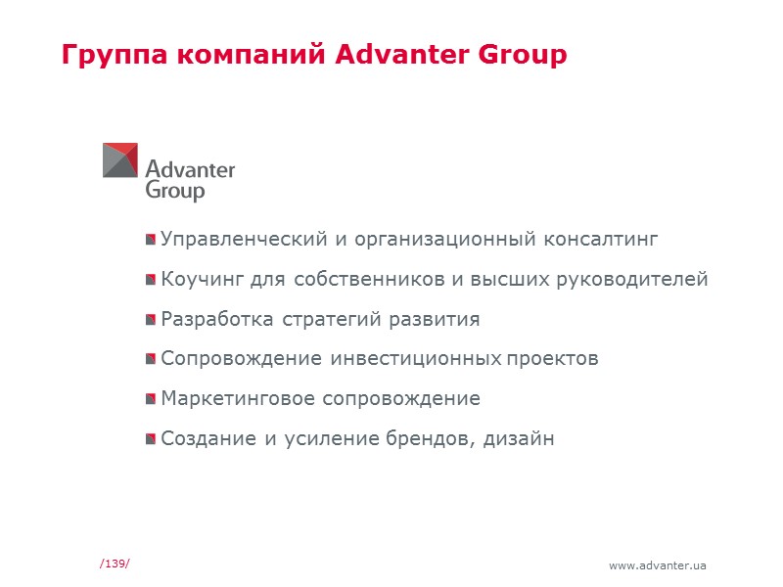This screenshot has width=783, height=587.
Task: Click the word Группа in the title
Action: pos(115,55)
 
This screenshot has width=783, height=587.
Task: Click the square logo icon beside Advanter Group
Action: pos(120,160)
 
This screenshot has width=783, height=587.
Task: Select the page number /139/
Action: pos(115,563)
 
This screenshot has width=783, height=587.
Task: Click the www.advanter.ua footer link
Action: pos(658,565)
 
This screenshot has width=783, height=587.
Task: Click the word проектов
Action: pos(553,358)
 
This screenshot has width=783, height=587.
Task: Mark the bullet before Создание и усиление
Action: pos(151,439)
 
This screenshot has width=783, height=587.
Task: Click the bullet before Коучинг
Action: pos(151,280)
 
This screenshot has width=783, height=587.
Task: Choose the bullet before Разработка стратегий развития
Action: pos(151,320)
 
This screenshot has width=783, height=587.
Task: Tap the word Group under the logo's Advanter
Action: pos(175,191)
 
